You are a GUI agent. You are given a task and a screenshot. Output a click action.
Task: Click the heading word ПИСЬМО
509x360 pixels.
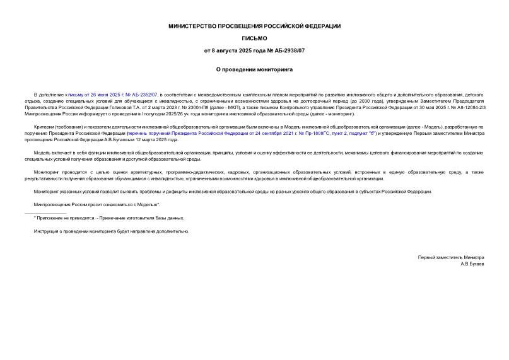[x=254, y=38]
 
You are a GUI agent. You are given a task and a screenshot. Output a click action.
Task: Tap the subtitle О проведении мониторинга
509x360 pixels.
[x=254, y=69]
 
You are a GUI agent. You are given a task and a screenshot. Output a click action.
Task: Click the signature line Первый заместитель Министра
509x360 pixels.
[x=451, y=257]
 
